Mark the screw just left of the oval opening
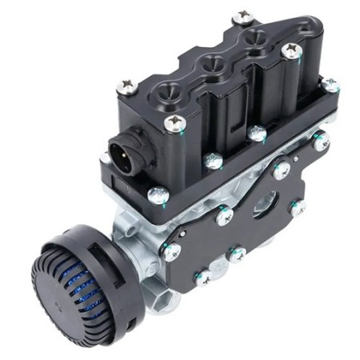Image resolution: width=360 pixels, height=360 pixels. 225,214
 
